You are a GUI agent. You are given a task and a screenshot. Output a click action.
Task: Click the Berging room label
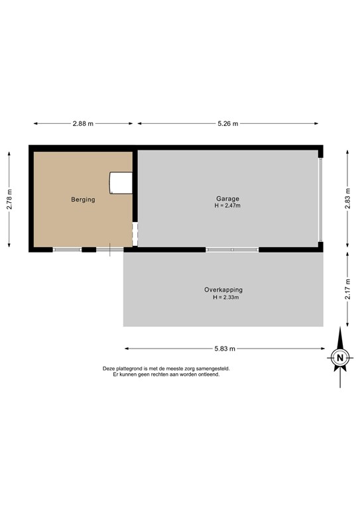[x=84, y=199]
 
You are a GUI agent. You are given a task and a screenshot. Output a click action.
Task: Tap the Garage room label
[x=227, y=199]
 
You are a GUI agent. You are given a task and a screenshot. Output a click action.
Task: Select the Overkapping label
[x=223, y=290]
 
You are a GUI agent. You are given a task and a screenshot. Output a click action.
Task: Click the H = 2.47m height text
[x=227, y=206]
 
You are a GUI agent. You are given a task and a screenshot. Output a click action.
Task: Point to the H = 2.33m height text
[x=225, y=298]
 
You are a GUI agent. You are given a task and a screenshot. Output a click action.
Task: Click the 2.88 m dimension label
[x=83, y=123]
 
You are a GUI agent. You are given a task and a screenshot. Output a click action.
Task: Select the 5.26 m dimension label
[x=227, y=123]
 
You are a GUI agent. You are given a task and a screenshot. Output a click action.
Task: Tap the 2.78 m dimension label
[x=9, y=199]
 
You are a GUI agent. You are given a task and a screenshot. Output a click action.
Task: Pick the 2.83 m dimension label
[x=347, y=199]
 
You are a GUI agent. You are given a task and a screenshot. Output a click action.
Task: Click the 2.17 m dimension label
[x=347, y=289]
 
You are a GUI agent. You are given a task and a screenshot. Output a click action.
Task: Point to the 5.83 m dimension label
[x=225, y=348]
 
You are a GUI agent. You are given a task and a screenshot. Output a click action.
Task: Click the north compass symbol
[x=339, y=359]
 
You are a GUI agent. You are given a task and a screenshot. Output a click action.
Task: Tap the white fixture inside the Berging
[x=120, y=182]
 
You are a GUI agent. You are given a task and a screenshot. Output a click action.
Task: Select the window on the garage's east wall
[x=321, y=199]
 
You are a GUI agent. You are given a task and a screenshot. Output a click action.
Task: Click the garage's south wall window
[x=231, y=249]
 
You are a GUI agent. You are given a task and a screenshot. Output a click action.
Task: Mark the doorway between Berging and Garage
[x=135, y=235]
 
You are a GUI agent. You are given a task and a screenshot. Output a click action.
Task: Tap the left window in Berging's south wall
[x=67, y=249]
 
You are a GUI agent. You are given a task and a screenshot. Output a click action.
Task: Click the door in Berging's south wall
[x=109, y=249]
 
